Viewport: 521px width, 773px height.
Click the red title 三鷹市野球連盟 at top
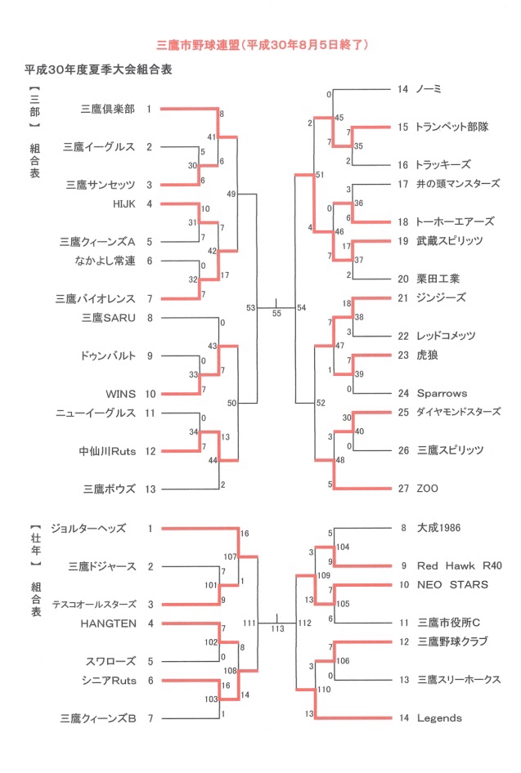click(198, 46)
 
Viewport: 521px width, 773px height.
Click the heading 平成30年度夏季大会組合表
click(98, 69)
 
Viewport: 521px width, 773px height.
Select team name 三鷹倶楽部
click(108, 109)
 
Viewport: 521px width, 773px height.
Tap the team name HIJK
click(124, 204)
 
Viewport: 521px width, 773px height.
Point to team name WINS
click(120, 394)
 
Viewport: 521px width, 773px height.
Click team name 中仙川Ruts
click(107, 451)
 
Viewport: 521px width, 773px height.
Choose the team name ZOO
click(427, 489)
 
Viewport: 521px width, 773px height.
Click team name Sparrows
click(442, 393)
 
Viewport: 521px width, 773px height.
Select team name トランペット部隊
click(452, 127)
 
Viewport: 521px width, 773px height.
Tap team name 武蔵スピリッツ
click(450, 241)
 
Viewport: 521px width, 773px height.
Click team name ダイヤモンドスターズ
click(458, 412)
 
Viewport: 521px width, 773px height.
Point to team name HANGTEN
click(109, 623)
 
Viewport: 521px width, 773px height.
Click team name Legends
click(439, 718)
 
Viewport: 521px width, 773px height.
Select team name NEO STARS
click(452, 585)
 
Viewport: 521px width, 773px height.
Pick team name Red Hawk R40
click(460, 566)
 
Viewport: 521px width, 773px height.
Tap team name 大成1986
click(438, 528)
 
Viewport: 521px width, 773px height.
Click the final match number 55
click(276, 314)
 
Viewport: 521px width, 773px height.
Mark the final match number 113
click(278, 629)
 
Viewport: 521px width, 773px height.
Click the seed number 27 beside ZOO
click(403, 489)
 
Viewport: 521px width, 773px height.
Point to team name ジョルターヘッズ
click(88, 529)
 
